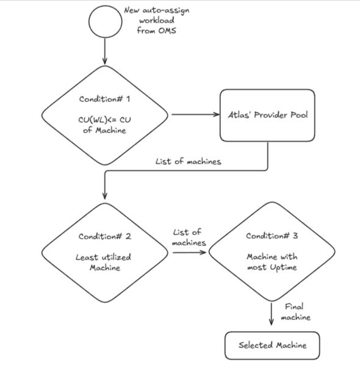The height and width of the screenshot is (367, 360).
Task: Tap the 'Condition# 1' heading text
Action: click(x=104, y=99)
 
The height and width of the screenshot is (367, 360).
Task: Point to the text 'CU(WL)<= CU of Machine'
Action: click(x=104, y=124)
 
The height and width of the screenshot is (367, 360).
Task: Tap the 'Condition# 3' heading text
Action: click(x=272, y=236)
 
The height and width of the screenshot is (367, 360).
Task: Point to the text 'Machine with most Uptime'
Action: click(x=272, y=262)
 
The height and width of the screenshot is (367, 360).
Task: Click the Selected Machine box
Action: click(x=272, y=346)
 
